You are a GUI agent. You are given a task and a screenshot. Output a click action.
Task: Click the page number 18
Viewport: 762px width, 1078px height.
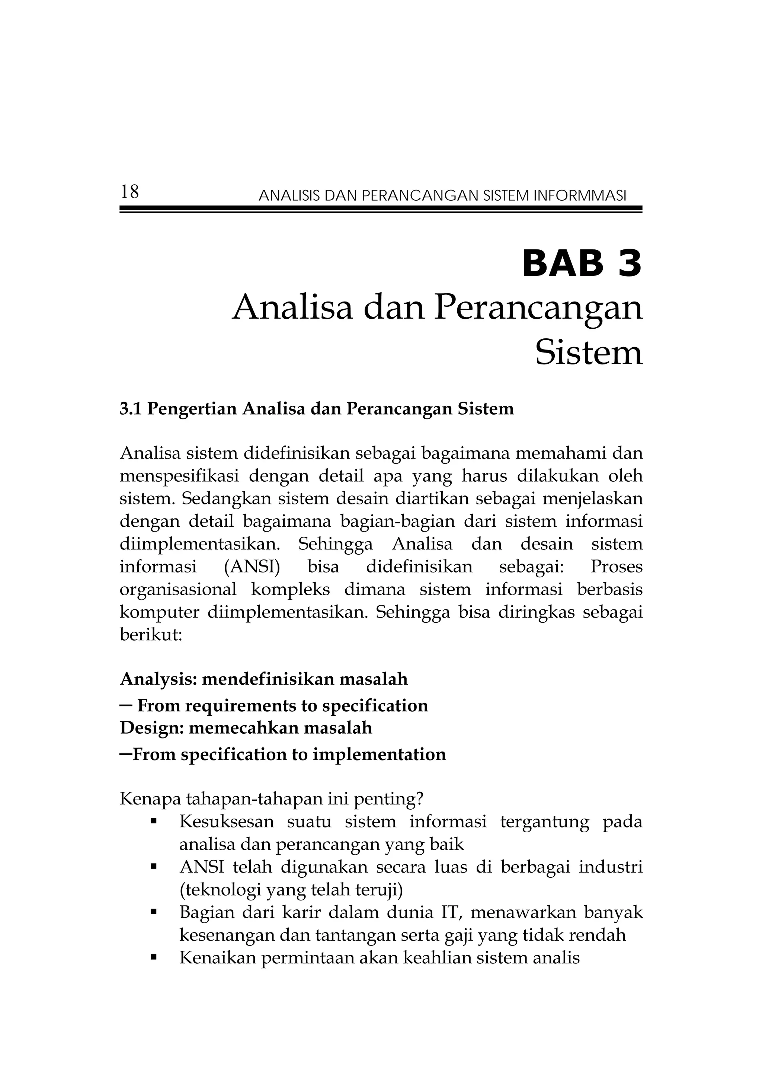tap(129, 192)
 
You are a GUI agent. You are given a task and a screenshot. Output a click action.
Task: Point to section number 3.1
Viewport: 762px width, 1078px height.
tap(131, 409)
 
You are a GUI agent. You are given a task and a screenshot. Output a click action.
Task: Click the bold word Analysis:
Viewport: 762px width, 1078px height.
tap(158, 679)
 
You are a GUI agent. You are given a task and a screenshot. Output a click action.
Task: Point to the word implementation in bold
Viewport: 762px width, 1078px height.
tap(379, 755)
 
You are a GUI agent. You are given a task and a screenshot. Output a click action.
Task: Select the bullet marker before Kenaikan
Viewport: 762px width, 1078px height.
tap(153, 958)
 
